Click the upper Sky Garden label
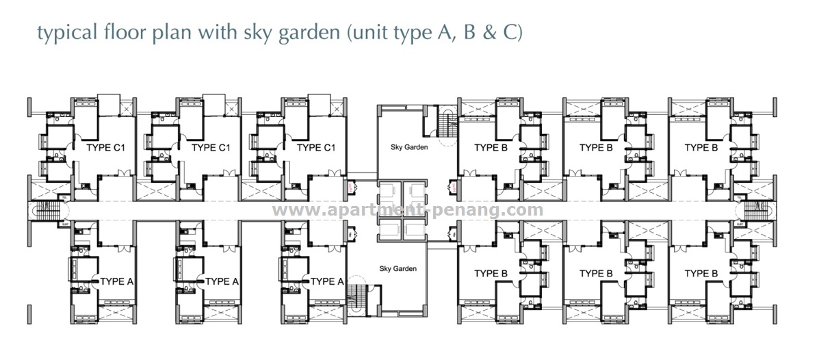(400, 148)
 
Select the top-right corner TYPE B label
(701, 148)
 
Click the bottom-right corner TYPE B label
(701, 274)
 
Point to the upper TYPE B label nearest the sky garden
(491, 148)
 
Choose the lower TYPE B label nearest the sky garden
(491, 274)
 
